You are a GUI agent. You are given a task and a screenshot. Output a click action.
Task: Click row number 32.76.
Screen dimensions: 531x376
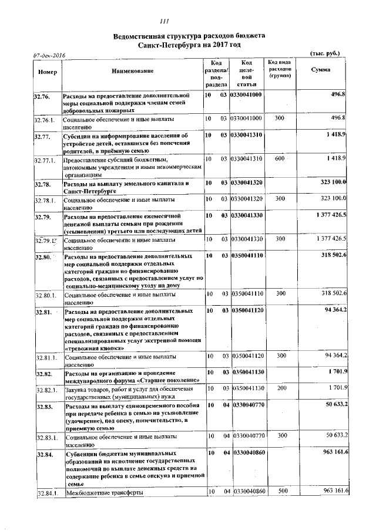pos(42,95)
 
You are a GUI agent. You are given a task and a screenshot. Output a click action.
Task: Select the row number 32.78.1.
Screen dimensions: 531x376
pos(44,201)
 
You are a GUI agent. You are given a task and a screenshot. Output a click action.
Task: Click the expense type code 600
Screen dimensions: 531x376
pos(279,159)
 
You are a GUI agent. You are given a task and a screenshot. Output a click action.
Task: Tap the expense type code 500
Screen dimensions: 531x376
pos(279,491)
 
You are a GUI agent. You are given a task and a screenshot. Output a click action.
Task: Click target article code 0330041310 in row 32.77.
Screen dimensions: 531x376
pos(247,135)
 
